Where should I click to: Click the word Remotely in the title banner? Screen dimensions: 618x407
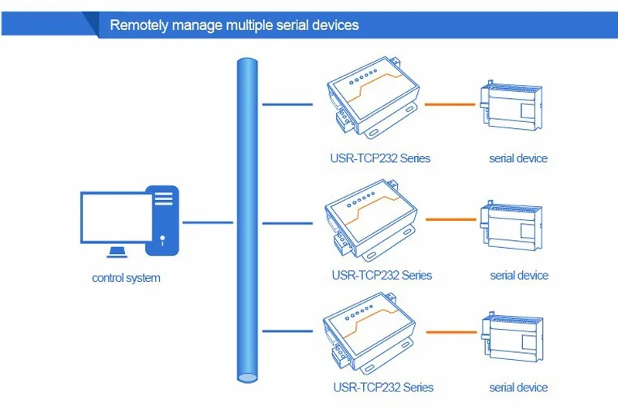139,25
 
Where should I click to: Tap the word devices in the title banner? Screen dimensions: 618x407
335,25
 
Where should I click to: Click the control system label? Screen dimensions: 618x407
126,278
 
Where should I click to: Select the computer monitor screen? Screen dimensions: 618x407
116,218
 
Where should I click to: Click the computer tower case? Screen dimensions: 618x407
162,221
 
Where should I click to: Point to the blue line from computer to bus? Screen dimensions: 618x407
208,222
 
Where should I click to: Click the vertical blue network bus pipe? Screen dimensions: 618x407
247,221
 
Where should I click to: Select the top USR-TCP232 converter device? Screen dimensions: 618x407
372,98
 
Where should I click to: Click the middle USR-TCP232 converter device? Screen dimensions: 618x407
371,220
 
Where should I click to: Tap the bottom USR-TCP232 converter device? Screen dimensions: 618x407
369,334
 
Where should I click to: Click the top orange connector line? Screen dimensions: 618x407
450,104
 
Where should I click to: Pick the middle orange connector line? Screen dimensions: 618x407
451,219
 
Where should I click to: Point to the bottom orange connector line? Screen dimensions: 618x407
452,332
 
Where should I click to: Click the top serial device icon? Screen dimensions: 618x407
511,107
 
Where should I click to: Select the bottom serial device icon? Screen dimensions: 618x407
512,337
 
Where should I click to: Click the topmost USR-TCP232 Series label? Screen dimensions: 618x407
380,158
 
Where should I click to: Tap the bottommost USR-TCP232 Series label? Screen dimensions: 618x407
383,387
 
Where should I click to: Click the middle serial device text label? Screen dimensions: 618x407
519,276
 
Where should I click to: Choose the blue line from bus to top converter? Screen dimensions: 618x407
287,104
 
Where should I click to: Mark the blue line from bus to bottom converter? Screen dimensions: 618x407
287,331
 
